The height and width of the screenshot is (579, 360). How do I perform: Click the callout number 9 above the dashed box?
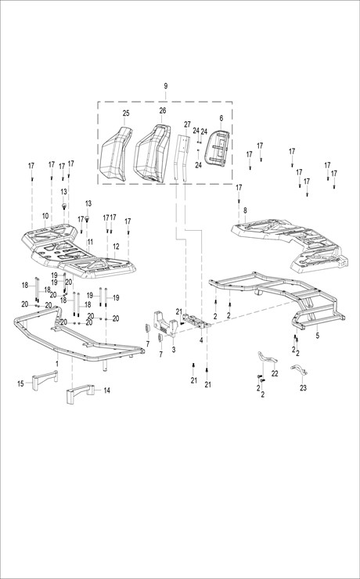[166, 86]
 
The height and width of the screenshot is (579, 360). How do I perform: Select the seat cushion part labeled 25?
[116, 154]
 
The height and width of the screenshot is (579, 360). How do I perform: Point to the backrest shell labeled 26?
[152, 153]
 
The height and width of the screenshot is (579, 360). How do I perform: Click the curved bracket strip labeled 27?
[182, 157]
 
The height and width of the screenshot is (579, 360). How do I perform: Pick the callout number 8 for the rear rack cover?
[245, 210]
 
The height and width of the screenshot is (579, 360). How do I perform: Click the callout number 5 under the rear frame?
[318, 336]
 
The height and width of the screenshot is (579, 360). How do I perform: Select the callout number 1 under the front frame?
[57, 364]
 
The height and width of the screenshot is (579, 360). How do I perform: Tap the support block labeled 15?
[45, 380]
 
